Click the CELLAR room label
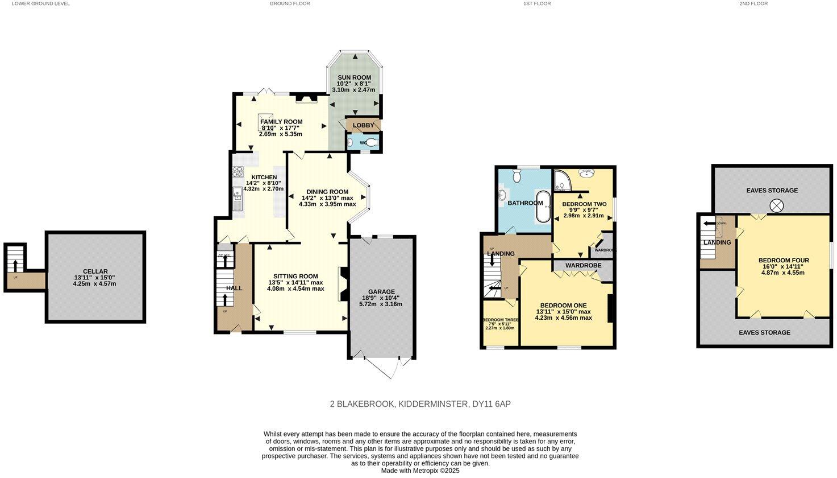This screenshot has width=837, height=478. [95, 271]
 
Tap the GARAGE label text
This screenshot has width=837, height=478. [381, 292]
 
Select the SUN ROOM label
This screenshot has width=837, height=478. [354, 77]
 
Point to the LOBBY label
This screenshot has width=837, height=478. [364, 125]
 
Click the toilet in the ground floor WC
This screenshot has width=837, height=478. [372, 143]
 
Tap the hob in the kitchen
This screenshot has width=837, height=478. [237, 171]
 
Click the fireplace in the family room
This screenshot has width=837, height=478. [306, 100]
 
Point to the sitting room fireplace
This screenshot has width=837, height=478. [342, 283]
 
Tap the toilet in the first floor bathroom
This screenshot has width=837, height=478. [516, 176]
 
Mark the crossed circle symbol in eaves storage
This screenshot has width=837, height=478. [776, 205]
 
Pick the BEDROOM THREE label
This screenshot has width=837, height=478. [500, 320]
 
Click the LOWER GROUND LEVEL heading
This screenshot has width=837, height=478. [40, 3]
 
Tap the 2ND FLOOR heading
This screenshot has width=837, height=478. [753, 3]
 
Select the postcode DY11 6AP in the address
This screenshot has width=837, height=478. [492, 404]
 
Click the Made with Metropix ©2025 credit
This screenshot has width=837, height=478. [420, 471]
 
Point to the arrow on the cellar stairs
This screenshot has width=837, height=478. [15, 265]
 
